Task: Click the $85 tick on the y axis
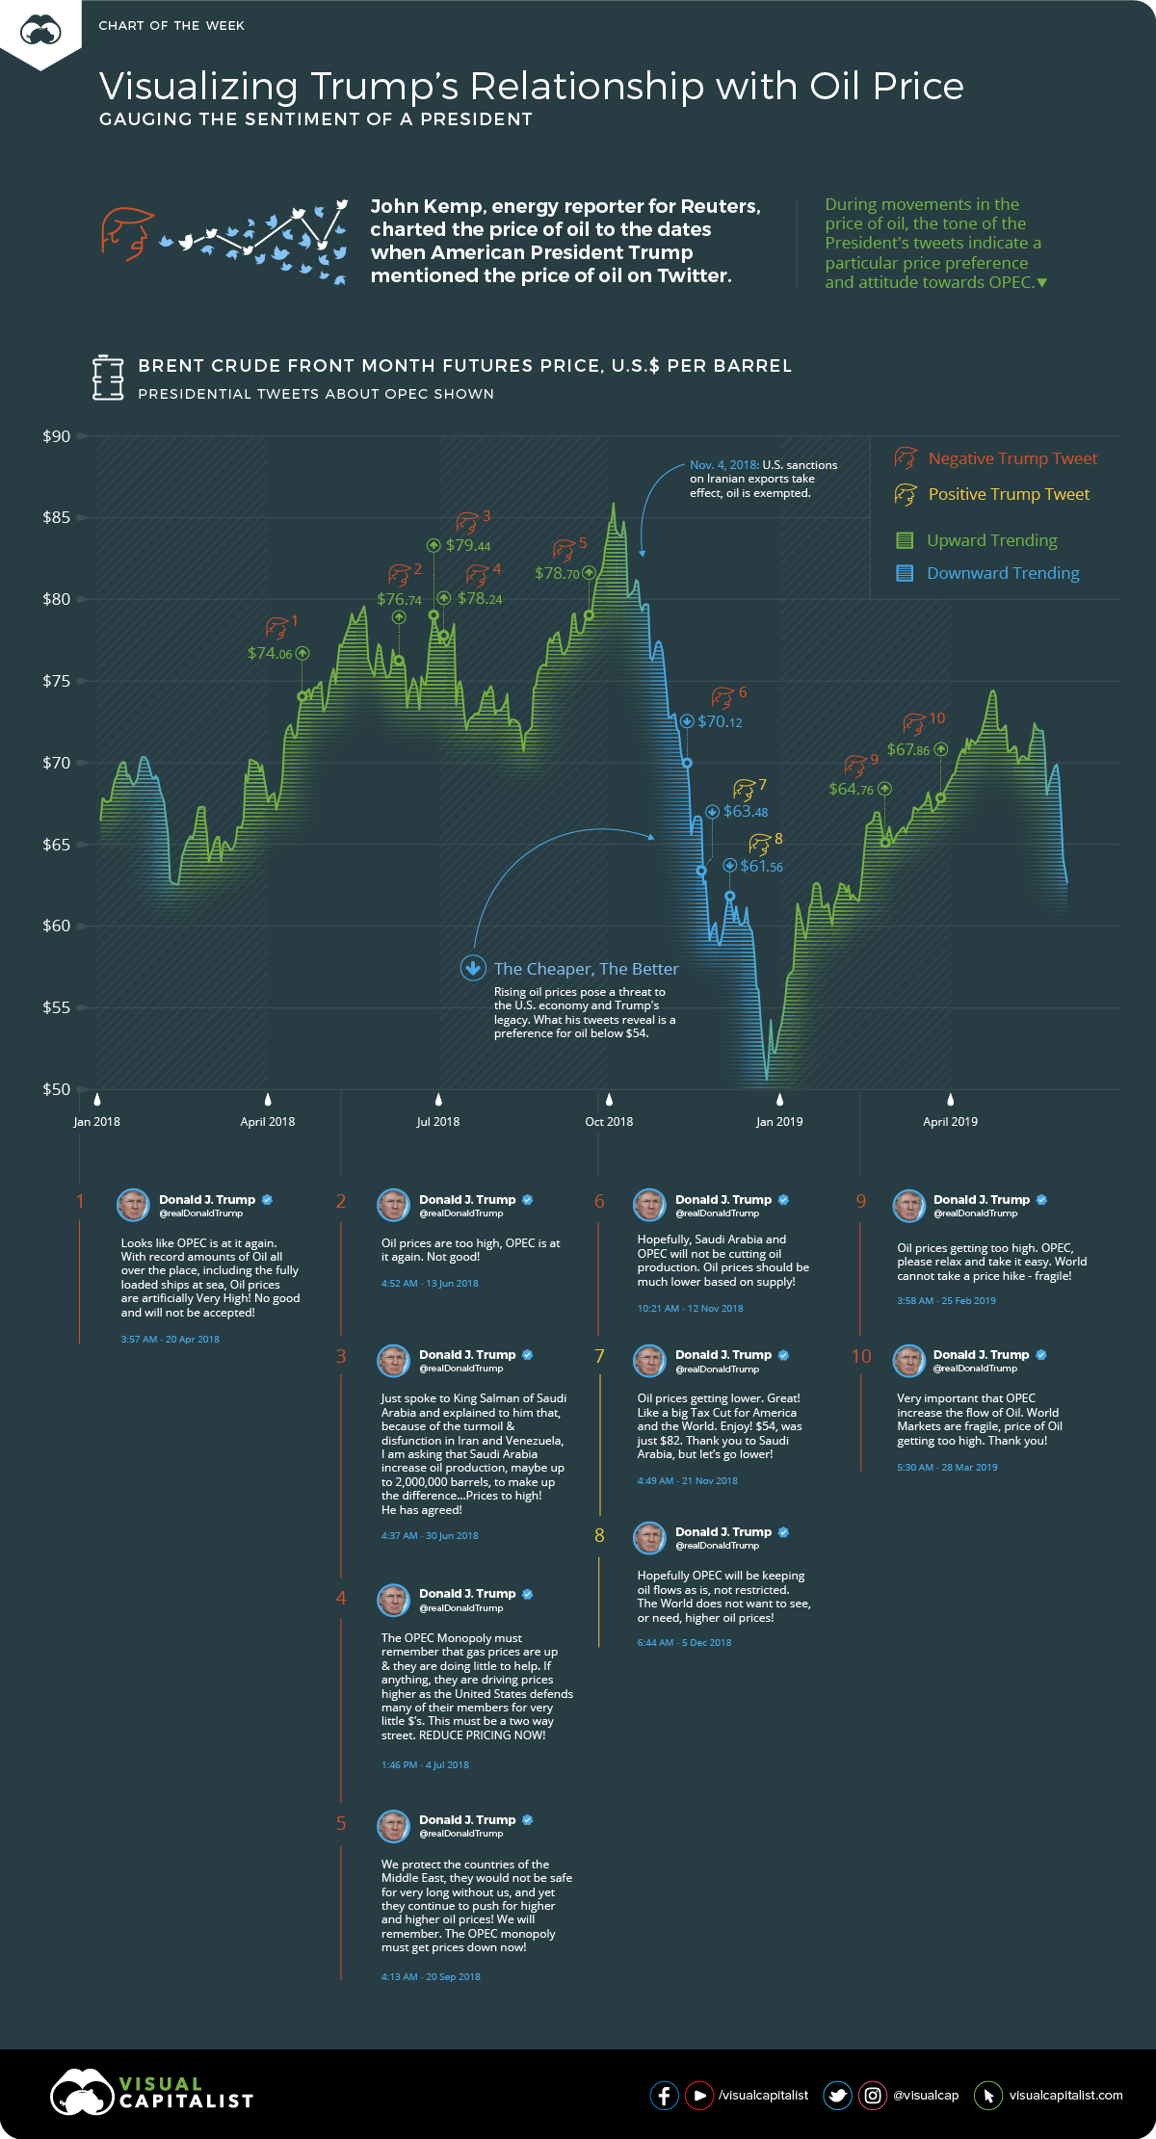click(x=56, y=517)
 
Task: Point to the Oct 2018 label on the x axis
click(x=609, y=1121)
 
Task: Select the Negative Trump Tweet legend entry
click(x=1011, y=458)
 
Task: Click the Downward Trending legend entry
click(x=1002, y=573)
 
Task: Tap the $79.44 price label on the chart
click(x=468, y=545)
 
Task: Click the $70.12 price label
click(x=720, y=721)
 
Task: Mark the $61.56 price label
click(x=761, y=866)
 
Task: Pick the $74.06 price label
click(x=270, y=653)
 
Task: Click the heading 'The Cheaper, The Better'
click(x=586, y=969)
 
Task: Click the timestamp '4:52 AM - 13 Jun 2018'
click(x=430, y=1283)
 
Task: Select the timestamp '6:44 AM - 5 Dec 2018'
click(x=684, y=1642)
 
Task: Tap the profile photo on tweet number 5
click(x=393, y=1825)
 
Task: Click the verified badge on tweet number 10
click(x=1041, y=1354)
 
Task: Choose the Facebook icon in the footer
click(x=665, y=2095)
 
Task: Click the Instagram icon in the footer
click(x=872, y=2095)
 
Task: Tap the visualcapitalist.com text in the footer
click(x=1065, y=2095)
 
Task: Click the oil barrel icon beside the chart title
click(x=108, y=378)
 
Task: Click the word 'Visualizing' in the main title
click(x=198, y=87)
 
